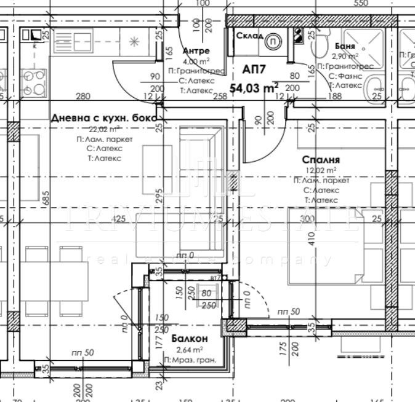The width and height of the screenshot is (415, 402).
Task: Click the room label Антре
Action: [x=196, y=51]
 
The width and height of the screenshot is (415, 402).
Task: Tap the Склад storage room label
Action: [x=247, y=35]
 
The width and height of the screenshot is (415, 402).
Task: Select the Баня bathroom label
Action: [x=344, y=45]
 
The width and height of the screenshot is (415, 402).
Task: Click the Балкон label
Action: [x=189, y=339]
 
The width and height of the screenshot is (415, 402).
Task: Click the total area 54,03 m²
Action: [x=254, y=88]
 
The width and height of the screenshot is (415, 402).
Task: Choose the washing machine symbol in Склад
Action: [x=273, y=40]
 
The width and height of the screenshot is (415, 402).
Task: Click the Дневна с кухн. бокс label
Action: [x=104, y=117]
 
